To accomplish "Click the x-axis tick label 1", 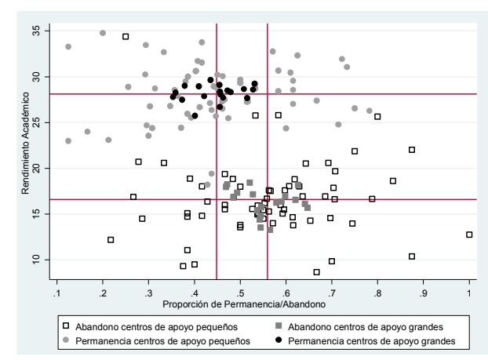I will [x=469, y=293].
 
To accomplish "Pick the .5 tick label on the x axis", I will [x=239, y=293].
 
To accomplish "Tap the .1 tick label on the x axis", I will [x=56, y=293].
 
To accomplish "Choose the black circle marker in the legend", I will [x=279, y=341].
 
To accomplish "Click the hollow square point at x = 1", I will [x=469, y=235].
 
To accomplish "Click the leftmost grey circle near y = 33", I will [x=68, y=47].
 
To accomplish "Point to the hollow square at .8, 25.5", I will [x=377, y=117].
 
